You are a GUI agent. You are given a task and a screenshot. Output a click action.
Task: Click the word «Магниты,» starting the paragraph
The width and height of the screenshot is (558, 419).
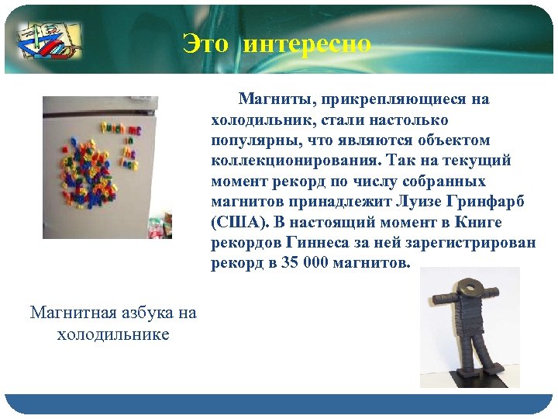pos(275,99)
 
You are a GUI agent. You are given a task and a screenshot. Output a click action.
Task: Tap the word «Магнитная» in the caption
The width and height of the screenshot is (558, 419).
pos(74,313)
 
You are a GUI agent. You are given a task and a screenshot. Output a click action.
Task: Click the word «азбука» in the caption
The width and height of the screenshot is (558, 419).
pos(150,313)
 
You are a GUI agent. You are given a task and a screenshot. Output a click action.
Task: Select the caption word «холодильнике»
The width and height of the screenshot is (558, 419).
pos(113,334)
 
